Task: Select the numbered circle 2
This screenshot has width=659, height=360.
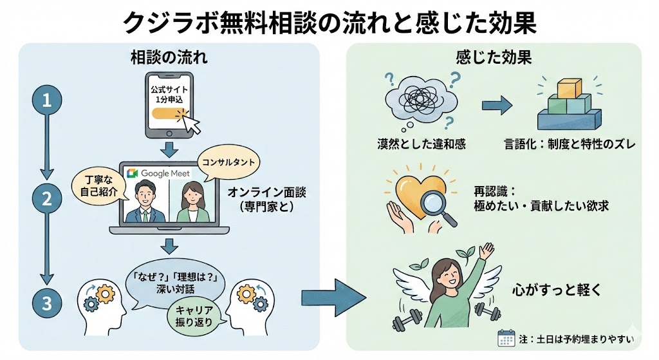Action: point(46,199)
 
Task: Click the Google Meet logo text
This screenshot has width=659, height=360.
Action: point(159,173)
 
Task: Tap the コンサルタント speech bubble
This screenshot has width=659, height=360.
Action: point(223,161)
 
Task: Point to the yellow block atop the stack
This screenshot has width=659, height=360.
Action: point(569,90)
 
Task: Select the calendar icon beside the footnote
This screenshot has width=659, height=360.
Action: point(506,338)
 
